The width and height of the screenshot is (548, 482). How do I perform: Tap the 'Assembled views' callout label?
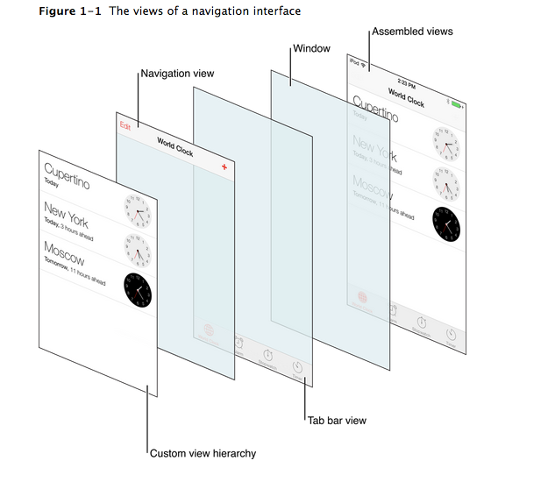click(x=412, y=32)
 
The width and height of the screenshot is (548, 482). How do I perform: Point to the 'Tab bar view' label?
click(x=337, y=421)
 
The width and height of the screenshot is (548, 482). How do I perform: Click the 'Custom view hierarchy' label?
click(x=203, y=453)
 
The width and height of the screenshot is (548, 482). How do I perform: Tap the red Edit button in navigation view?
click(x=125, y=126)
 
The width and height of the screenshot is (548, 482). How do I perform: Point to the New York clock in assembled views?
click(x=446, y=181)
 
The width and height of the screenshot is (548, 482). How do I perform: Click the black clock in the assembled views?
click(x=446, y=223)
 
